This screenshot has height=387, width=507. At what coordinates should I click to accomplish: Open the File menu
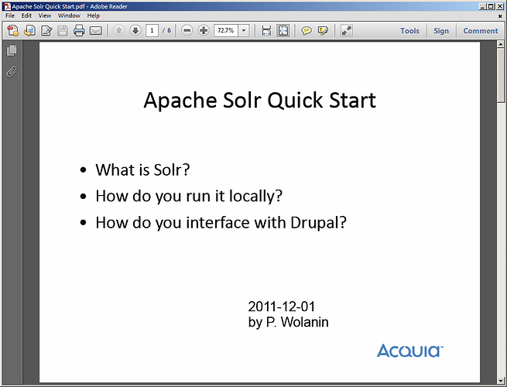click(x=10, y=15)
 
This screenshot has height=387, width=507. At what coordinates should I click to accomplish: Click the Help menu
click(x=94, y=15)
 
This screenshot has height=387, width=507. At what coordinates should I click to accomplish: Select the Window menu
click(x=69, y=15)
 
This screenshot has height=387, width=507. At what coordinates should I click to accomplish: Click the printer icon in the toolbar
click(x=79, y=31)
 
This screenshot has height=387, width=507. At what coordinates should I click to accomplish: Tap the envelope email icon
click(x=96, y=31)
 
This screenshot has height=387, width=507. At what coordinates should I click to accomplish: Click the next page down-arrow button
click(x=135, y=31)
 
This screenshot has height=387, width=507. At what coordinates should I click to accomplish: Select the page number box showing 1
click(x=152, y=31)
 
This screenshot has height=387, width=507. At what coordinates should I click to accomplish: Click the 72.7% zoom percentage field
click(x=226, y=31)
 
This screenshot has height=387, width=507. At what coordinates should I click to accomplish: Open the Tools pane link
click(x=409, y=31)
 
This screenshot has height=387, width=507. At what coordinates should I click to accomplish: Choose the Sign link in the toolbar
click(x=441, y=31)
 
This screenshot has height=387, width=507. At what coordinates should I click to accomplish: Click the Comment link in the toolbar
click(x=481, y=31)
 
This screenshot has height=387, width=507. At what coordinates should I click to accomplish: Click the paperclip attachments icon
click(x=12, y=72)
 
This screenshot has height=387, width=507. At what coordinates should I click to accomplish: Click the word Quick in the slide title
click(x=295, y=100)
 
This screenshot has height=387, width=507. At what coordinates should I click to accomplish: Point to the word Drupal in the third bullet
click(x=318, y=223)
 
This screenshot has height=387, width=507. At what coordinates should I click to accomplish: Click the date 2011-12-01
click(x=281, y=307)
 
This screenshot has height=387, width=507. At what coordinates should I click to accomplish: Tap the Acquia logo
click(x=410, y=351)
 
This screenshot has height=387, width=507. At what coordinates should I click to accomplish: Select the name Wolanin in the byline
click(x=305, y=322)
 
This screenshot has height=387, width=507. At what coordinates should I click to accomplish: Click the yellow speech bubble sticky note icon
click(x=307, y=31)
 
